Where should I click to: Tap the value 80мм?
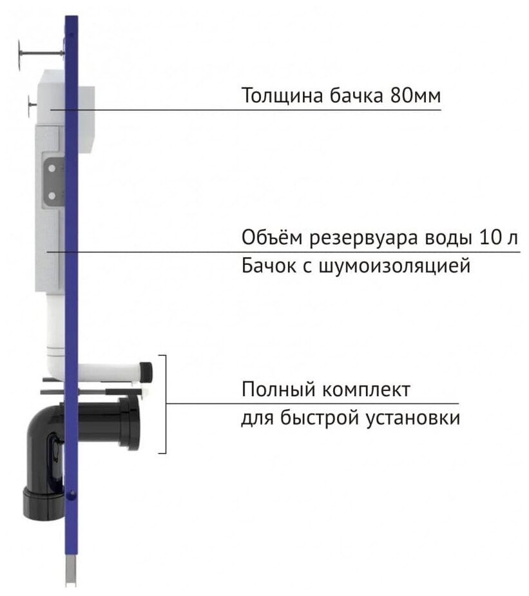415,96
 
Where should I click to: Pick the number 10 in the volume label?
490,237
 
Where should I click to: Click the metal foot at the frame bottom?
72,573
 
